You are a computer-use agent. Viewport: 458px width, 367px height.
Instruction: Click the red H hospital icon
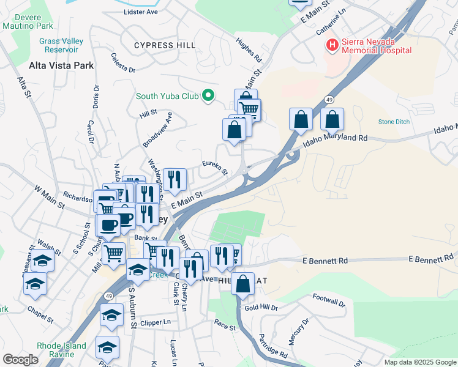[332, 45]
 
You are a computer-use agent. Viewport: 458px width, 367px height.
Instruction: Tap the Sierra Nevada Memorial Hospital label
[376, 46]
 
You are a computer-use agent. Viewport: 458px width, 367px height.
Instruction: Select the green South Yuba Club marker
[208, 95]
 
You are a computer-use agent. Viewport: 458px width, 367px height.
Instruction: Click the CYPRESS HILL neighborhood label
[165, 45]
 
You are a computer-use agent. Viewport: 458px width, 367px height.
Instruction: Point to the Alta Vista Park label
[61, 65]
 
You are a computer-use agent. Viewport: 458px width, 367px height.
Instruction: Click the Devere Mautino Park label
[27, 21]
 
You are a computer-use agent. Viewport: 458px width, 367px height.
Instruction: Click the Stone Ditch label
[394, 122]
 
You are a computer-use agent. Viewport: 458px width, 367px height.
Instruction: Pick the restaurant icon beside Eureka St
[175, 179]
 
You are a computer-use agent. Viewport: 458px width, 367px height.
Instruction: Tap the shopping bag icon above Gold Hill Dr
[243, 284]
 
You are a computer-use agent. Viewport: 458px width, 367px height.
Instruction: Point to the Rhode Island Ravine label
[61, 350]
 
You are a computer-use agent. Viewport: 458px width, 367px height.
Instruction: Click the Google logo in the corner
[20, 360]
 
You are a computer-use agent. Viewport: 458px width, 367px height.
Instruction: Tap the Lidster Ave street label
[140, 12]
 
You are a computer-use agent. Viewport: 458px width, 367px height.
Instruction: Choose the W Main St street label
[49, 199]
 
